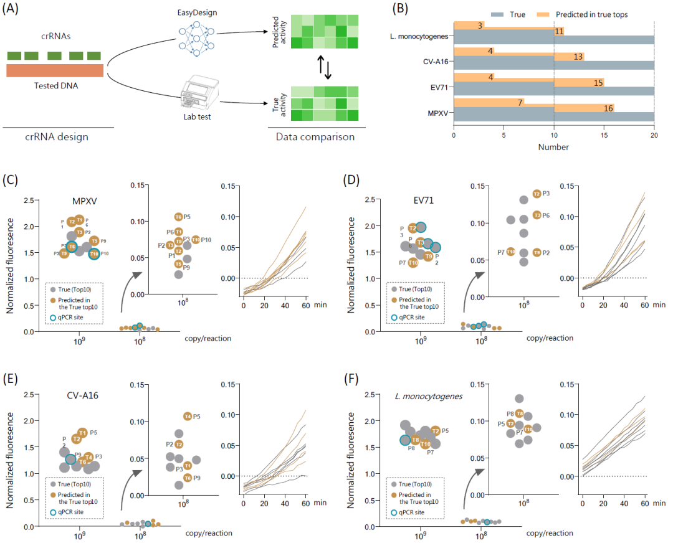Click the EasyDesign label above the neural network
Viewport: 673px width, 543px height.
[x=199, y=12]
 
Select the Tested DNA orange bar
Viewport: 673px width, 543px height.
[x=55, y=70]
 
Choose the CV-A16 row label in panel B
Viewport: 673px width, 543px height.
[x=436, y=62]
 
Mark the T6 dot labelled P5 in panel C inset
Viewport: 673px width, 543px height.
[x=178, y=217]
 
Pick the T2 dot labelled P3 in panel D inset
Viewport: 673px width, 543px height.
[x=537, y=194]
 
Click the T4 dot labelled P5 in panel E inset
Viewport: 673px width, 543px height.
[x=187, y=416]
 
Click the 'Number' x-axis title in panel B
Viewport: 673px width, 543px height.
[x=554, y=147]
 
